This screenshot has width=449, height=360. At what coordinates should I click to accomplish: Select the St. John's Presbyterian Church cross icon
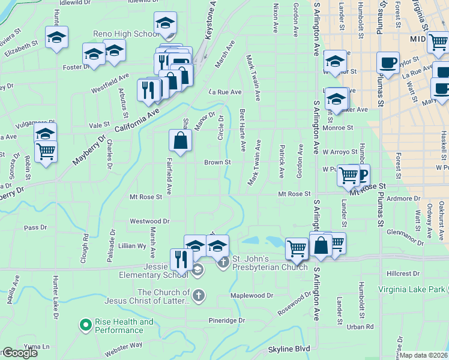point(223,262)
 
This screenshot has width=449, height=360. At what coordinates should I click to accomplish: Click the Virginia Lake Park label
point(413,289)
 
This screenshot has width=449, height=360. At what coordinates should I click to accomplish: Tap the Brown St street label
point(217,162)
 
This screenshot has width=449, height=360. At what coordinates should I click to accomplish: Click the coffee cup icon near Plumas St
point(388,62)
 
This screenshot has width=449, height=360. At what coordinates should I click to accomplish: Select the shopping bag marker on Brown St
point(180,141)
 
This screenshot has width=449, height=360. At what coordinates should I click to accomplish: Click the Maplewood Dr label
point(252,295)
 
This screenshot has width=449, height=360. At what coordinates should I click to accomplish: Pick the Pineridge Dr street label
point(227,320)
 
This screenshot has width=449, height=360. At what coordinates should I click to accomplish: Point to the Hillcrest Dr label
point(403,273)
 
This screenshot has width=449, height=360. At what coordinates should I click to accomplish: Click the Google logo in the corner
point(19,353)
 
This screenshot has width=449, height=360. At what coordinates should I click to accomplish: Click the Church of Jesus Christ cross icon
point(197,295)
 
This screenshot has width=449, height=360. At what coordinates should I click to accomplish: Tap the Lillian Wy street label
point(133,245)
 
